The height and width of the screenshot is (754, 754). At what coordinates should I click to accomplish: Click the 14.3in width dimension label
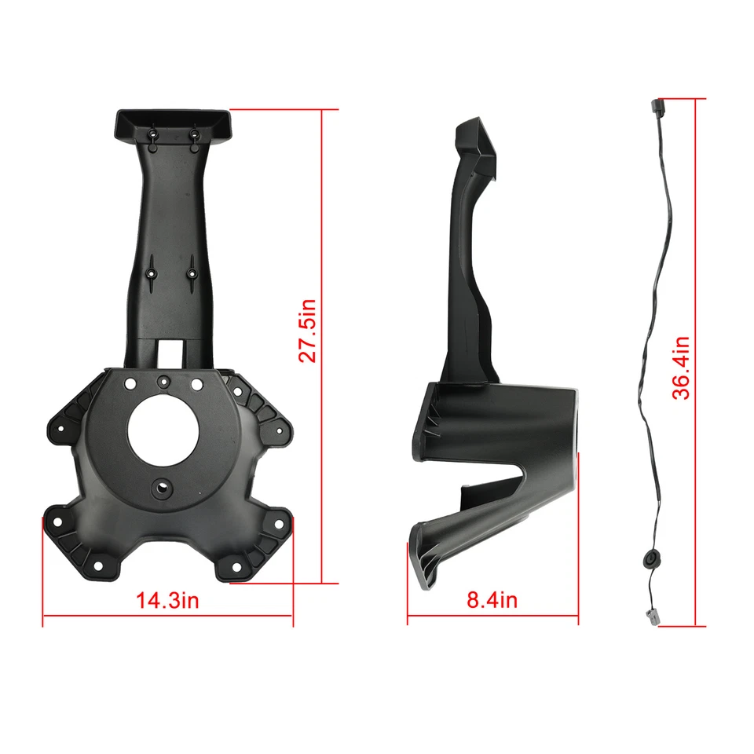tap(168, 601)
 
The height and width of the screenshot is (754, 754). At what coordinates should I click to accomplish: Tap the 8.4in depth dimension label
tap(492, 601)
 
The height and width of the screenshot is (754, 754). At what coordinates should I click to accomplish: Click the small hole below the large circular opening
tap(163, 486)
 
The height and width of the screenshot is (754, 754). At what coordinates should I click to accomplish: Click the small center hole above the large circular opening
tap(163, 382)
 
